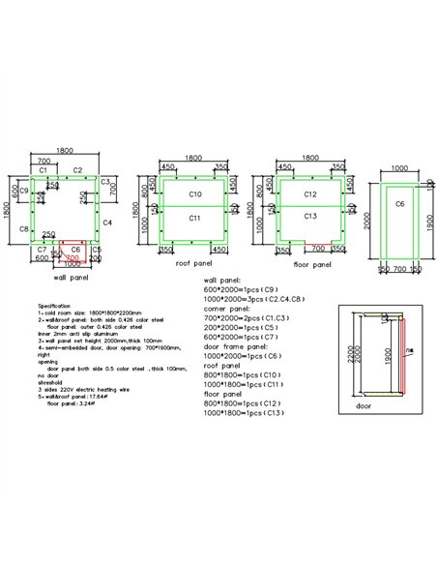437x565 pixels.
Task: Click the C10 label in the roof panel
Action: (194, 194)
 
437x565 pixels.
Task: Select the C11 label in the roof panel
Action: (194, 219)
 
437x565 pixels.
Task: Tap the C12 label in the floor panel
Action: (309, 194)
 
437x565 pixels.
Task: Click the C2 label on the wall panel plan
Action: (77, 169)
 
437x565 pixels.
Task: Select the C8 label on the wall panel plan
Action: (24, 229)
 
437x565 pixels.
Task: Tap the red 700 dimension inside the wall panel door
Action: (73, 257)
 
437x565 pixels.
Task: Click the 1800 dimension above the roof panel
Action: (194, 158)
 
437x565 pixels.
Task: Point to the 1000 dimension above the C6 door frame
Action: (399, 169)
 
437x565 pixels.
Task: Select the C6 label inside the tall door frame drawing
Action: (399, 205)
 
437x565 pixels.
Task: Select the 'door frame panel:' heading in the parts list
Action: (235, 347)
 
